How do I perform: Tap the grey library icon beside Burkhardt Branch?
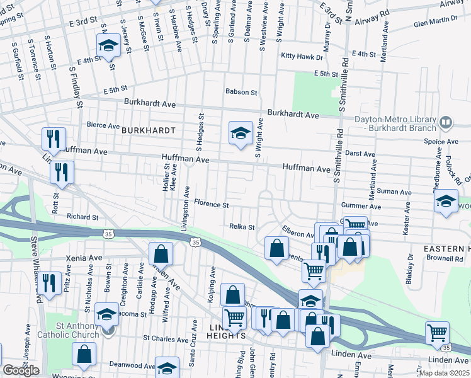(446, 122)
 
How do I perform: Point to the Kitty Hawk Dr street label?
(302, 57)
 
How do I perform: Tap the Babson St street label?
(242, 92)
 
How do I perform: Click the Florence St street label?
(211, 204)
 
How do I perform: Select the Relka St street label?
(241, 227)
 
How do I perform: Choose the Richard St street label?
(82, 217)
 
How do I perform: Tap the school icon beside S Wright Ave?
(240, 133)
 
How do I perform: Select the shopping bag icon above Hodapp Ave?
(161, 254)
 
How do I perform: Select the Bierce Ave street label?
(103, 126)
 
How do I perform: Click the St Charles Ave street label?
(166, 338)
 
